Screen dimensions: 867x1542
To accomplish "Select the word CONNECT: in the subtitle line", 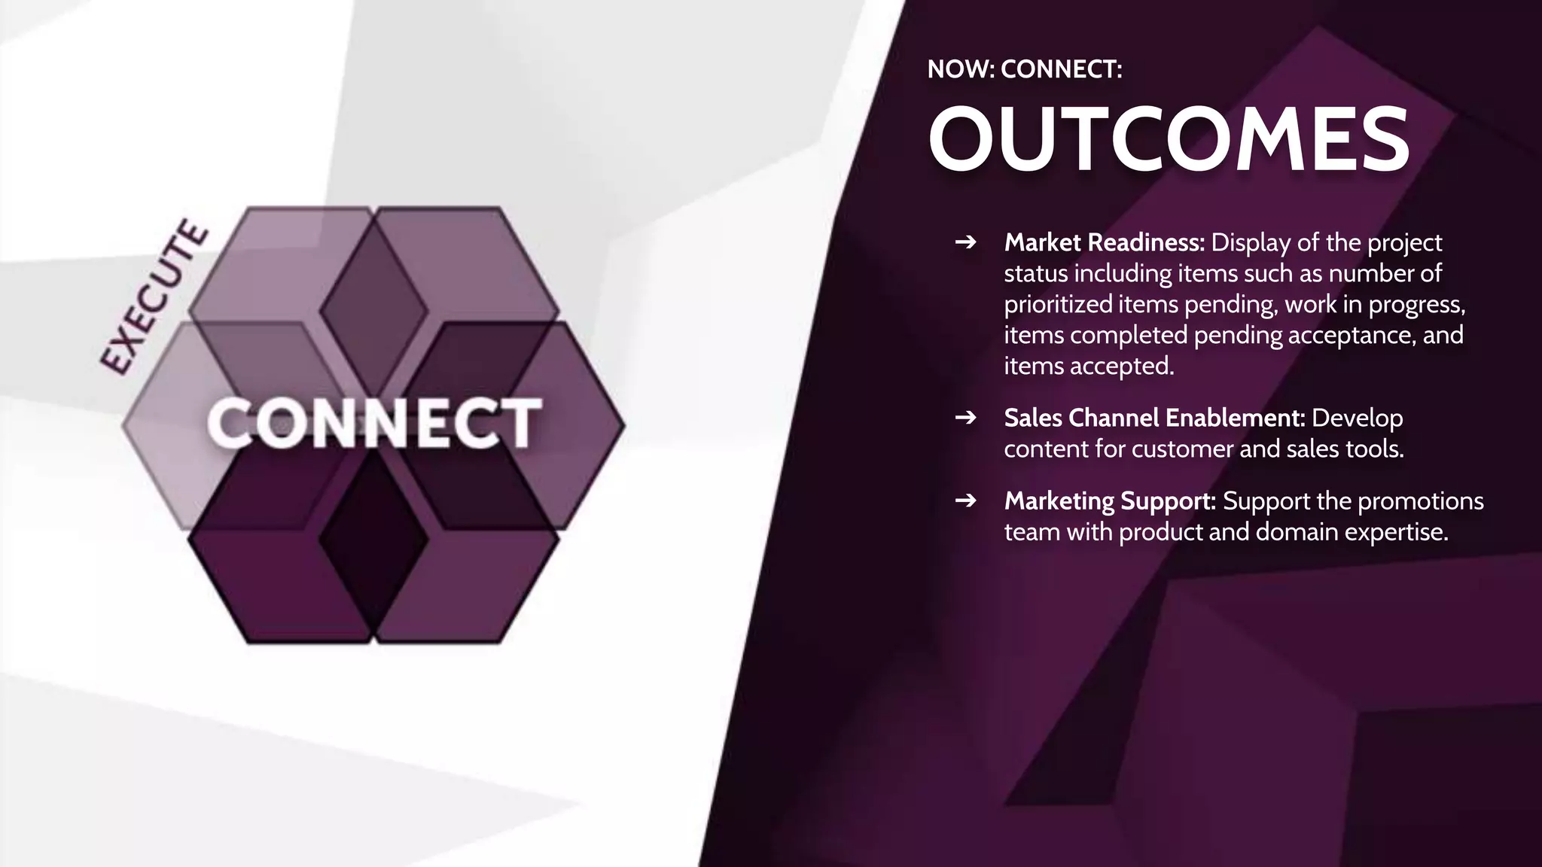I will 1062,69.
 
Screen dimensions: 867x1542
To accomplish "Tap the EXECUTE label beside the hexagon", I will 155,297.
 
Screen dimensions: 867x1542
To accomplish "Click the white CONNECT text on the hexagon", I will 374,423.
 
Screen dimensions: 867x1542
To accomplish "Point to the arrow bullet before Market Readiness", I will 965,242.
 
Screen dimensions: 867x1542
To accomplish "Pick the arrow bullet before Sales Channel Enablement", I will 965,418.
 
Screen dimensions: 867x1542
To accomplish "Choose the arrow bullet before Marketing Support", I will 965,500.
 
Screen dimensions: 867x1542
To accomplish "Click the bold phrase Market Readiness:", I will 1105,242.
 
